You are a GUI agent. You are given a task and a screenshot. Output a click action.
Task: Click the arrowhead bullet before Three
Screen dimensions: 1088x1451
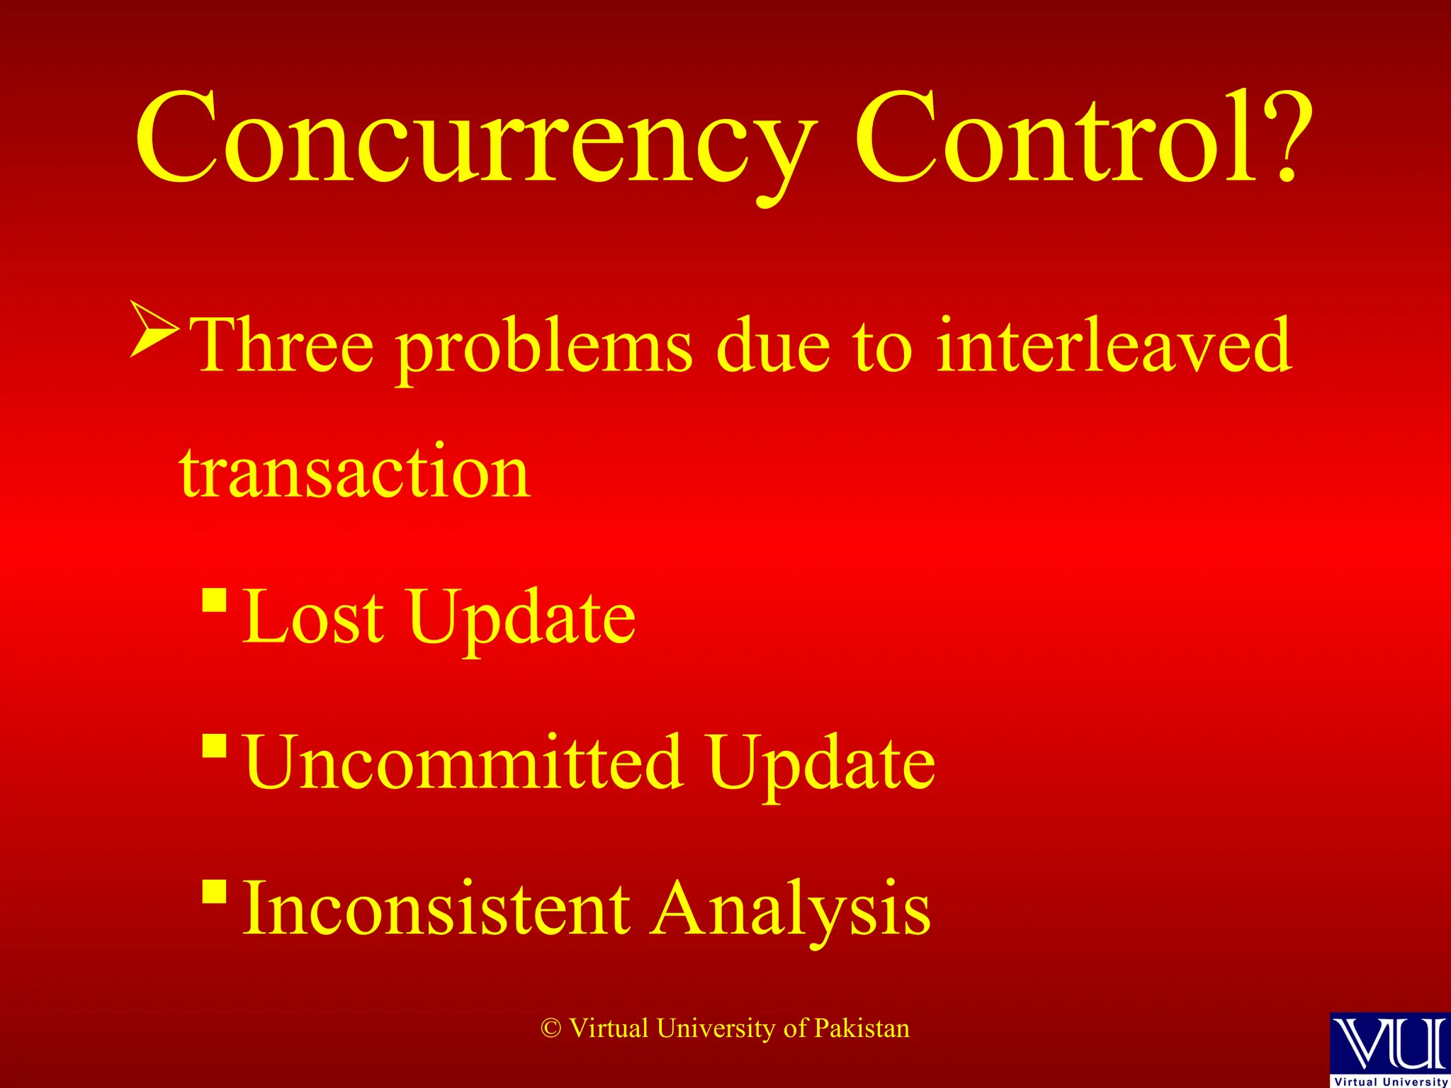click(x=154, y=329)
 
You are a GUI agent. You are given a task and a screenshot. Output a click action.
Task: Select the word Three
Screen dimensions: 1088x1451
click(x=283, y=346)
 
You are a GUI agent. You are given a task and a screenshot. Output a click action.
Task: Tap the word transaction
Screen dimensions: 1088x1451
click(x=354, y=471)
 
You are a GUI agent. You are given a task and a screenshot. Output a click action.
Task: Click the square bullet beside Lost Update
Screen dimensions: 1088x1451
click(x=214, y=600)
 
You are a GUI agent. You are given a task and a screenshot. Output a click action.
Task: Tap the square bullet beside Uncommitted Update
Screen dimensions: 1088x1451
click(x=214, y=745)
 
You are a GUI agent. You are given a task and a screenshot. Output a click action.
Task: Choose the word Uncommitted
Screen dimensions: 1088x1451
click(x=464, y=763)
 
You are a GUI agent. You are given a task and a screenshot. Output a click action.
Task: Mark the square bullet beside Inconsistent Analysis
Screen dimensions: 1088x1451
click(x=214, y=892)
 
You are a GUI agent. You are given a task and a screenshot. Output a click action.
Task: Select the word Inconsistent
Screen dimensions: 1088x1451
click(x=436, y=909)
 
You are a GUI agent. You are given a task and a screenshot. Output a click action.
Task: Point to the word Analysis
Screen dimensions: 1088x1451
click(x=791, y=910)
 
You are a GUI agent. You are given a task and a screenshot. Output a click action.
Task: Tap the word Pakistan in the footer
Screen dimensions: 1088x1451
click(x=862, y=1028)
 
